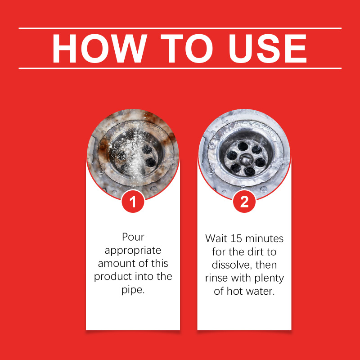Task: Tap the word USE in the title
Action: (268, 49)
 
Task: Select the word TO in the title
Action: (187, 49)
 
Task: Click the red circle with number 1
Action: (133, 202)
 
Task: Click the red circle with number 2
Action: (244, 202)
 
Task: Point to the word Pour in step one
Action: (133, 237)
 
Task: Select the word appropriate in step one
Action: (133, 251)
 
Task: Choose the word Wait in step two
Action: (216, 238)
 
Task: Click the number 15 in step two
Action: (237, 238)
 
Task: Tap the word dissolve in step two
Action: (231, 265)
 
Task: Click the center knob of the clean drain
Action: (245, 159)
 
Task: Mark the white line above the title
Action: (180, 28)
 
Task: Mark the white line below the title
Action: (180, 68)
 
